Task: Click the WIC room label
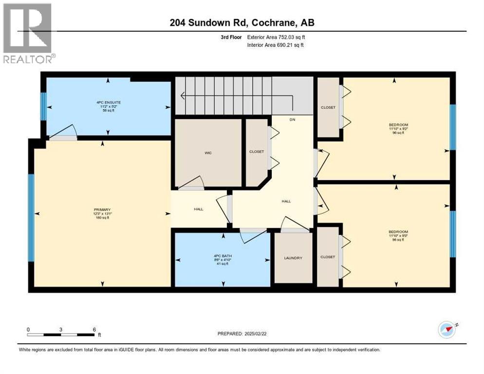point(208,153)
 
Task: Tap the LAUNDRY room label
point(293,258)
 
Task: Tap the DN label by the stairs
point(292,119)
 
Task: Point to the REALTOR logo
point(28,33)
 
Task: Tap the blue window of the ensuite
point(43,106)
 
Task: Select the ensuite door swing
point(64,133)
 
